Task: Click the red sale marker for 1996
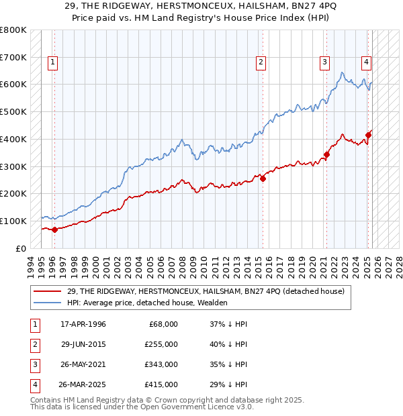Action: (54, 229)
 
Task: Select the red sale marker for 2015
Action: (263, 178)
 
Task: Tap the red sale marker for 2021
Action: (326, 154)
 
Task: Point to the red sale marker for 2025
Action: (368, 135)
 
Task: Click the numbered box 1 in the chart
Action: (52, 62)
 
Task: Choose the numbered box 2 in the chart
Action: (261, 62)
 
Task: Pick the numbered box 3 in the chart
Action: (324, 62)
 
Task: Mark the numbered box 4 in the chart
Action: (366, 62)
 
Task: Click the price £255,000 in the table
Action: (161, 344)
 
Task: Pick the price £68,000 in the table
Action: (163, 324)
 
